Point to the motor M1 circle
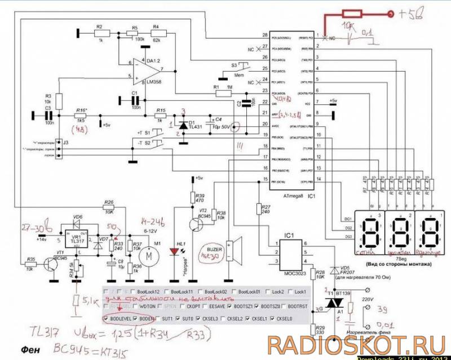click(x=150, y=256)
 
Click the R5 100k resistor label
click(x=135, y=34)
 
